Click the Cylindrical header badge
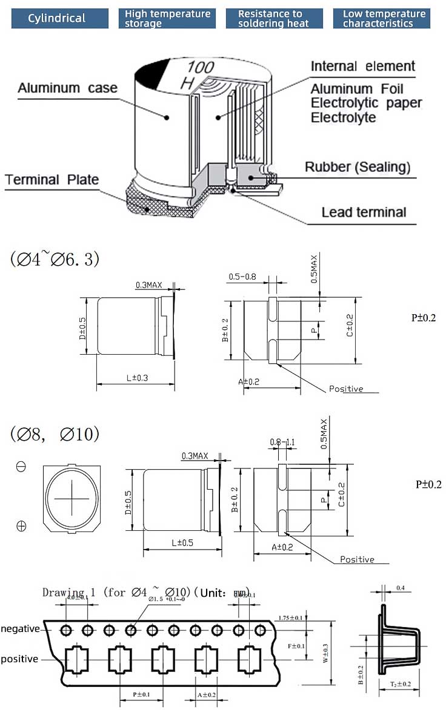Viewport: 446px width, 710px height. (57, 18)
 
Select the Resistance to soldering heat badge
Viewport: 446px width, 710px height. (273, 18)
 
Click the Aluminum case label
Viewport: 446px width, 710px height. (67, 88)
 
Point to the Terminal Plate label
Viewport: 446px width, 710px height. (52, 180)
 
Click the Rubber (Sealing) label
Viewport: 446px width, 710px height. (357, 167)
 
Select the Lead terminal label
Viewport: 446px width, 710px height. (364, 212)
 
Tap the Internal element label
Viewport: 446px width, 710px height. (363, 67)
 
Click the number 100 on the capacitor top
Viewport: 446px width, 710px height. (201, 67)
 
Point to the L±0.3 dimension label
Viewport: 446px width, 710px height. (138, 378)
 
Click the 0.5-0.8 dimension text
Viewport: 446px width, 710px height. (242, 277)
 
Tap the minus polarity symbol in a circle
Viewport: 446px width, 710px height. (21, 467)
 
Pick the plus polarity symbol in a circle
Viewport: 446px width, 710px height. (21, 526)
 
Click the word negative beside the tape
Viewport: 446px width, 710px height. (20, 629)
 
